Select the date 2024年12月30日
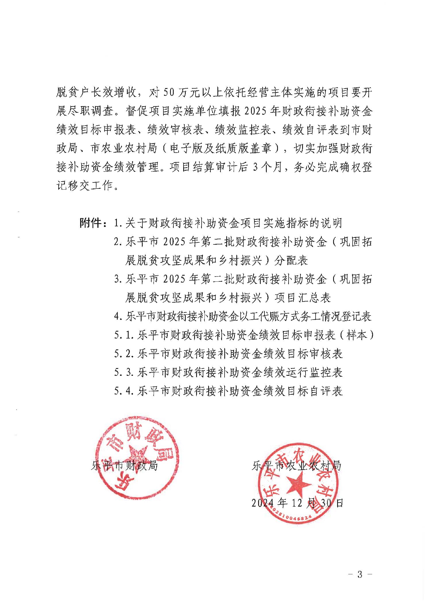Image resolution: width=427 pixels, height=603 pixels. pos(297,503)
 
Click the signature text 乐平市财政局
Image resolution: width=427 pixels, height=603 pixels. pos(124,465)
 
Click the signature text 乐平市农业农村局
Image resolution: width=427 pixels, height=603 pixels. pos(297,465)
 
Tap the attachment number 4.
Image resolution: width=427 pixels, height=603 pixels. pos(118,316)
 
